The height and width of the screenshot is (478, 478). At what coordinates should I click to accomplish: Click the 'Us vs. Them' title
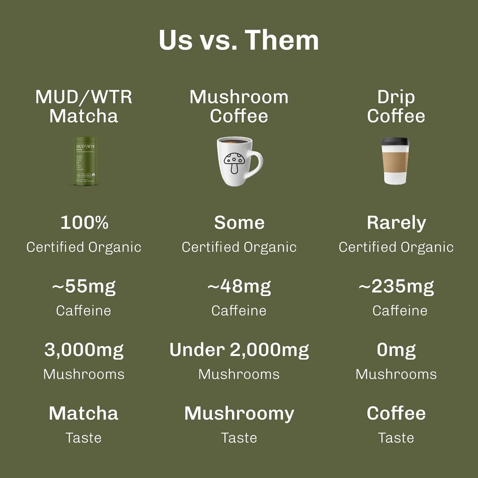point(239,40)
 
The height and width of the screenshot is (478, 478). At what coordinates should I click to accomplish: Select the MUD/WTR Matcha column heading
point(84,106)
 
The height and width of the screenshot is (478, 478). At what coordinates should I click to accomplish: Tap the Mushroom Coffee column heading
point(239,106)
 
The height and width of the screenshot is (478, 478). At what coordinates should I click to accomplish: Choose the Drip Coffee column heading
point(396,106)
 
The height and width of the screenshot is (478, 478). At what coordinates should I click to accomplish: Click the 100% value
point(84,222)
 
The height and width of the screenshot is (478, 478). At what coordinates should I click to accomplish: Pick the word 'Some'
point(239,222)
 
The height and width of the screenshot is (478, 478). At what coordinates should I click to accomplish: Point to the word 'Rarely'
point(396,223)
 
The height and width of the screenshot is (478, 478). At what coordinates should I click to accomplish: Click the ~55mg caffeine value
point(84,286)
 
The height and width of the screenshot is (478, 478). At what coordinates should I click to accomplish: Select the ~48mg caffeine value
point(239,286)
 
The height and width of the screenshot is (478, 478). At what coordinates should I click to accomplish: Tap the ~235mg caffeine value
point(396,286)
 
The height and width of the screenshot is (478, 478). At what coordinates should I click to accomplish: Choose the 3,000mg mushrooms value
point(84,350)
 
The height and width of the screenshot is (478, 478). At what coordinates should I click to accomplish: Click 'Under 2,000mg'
point(239,350)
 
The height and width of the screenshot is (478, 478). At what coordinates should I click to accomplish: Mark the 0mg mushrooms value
point(396,350)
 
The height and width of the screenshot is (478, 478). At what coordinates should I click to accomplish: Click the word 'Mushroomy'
point(239,414)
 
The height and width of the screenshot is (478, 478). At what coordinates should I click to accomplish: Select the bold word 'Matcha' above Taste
point(84,413)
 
